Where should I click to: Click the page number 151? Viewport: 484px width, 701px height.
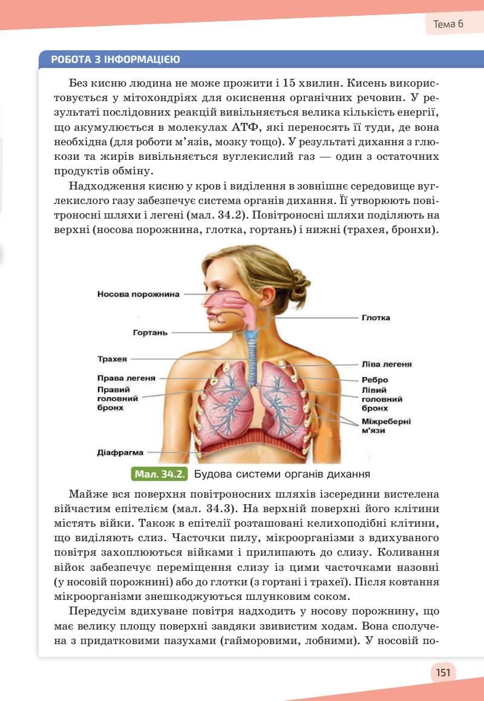(443, 672)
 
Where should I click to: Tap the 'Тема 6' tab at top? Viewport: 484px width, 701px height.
(448, 24)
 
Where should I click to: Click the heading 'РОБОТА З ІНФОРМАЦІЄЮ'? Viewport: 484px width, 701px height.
(115, 59)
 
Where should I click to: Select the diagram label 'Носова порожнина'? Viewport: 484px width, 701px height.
(139, 294)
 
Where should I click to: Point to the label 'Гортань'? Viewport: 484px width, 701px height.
(151, 332)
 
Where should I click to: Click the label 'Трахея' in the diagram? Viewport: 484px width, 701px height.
(112, 359)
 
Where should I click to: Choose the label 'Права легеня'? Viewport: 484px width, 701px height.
(126, 378)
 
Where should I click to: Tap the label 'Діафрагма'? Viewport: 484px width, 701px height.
(120, 452)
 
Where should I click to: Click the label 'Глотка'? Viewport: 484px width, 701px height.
(376, 317)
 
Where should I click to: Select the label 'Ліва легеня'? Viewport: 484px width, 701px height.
(387, 364)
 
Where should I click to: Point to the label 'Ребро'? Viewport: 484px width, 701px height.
(374, 380)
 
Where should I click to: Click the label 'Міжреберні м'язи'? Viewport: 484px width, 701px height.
(386, 426)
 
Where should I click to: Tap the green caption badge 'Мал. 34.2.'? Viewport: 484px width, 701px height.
(159, 473)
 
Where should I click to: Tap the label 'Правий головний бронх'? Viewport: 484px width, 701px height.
(117, 399)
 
